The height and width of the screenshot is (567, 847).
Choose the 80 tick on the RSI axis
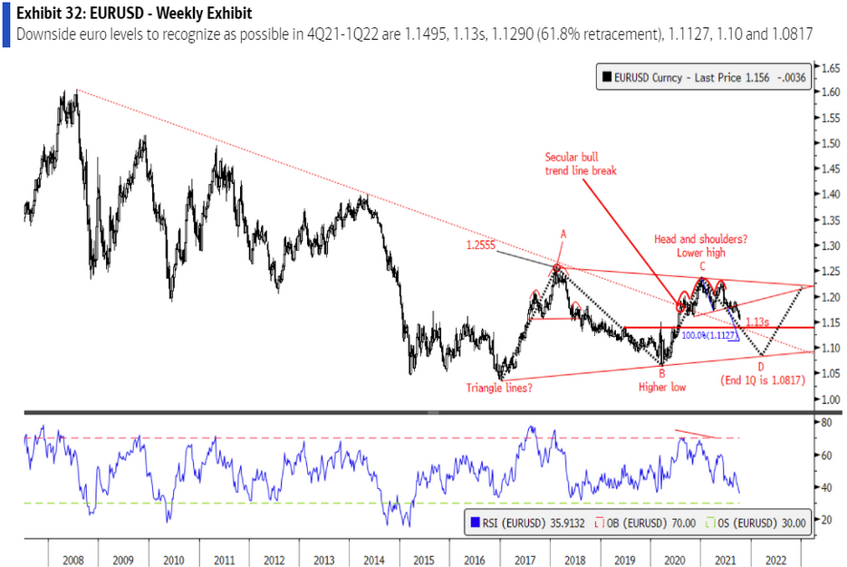826,422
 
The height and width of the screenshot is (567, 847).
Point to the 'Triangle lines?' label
500,387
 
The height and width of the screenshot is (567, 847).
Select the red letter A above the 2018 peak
563,234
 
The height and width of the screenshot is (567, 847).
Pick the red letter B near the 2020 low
662,372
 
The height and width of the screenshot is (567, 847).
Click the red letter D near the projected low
761,366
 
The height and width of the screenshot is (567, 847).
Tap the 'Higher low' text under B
662,387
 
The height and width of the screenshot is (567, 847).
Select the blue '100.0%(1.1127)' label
709,335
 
